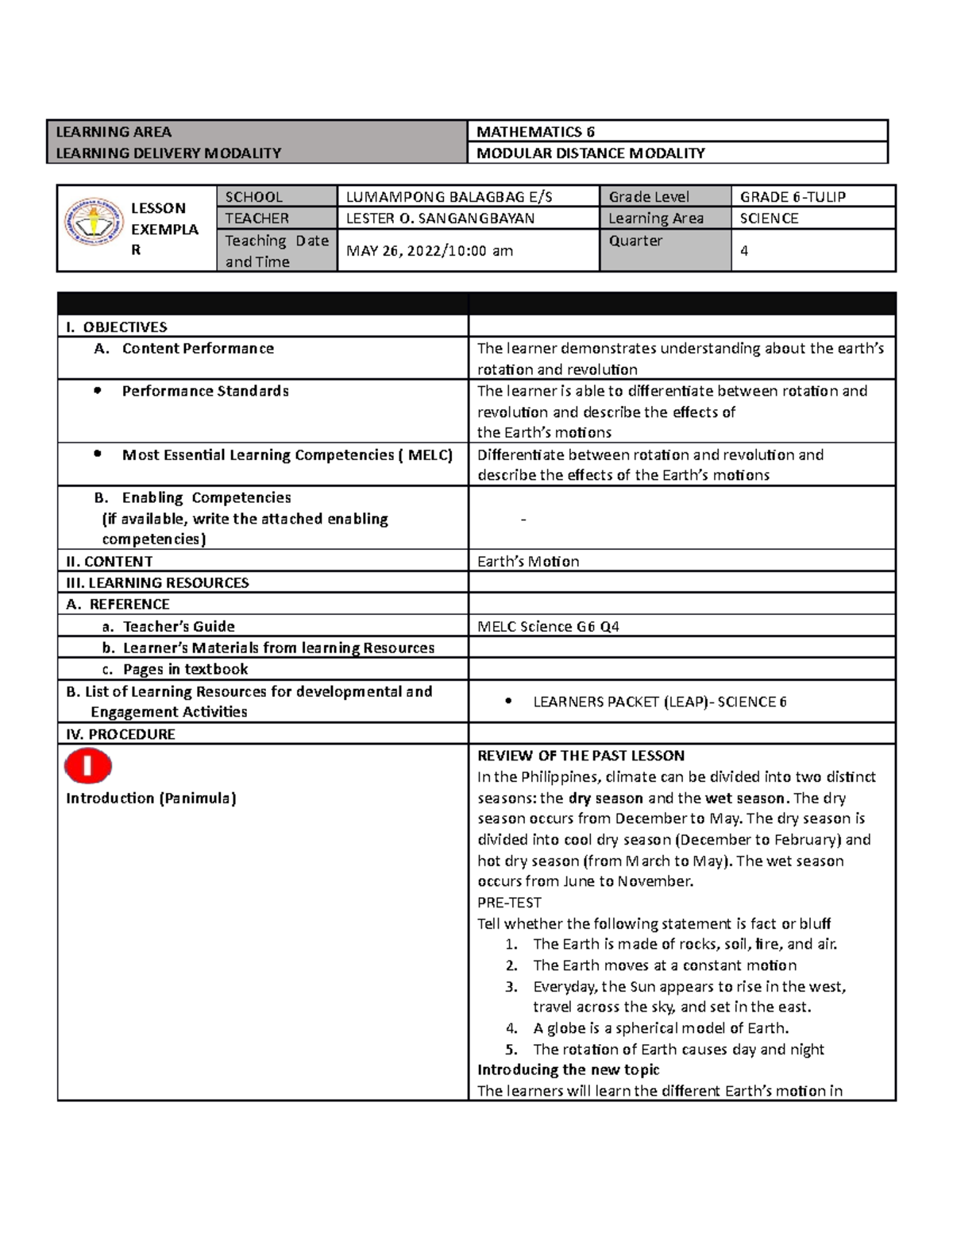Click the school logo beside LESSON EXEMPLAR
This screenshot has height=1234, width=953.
pyautogui.click(x=94, y=222)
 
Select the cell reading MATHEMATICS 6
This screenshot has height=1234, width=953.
pyautogui.click(x=535, y=132)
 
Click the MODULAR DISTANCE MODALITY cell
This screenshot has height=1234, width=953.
pyautogui.click(x=590, y=153)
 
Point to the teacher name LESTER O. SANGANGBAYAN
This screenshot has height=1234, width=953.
pyautogui.click(x=440, y=219)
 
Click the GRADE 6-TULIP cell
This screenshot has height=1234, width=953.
pyautogui.click(x=793, y=197)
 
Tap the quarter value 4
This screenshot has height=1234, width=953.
pyautogui.click(x=744, y=251)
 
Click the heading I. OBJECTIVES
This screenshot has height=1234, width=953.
pyautogui.click(x=117, y=327)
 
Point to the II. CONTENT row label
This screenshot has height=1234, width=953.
pyautogui.click(x=110, y=562)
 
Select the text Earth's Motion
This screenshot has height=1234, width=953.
pyautogui.click(x=528, y=562)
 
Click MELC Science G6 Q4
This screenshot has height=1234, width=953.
pyautogui.click(x=548, y=627)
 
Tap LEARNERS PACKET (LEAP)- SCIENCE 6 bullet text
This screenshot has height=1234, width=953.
pyautogui.click(x=659, y=702)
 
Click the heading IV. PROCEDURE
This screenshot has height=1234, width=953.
pyautogui.click(x=121, y=734)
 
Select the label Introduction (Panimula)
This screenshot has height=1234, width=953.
pyautogui.click(x=151, y=799)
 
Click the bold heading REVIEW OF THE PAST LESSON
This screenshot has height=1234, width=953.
pyautogui.click(x=581, y=756)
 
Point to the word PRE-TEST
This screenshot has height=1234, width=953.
pyautogui.click(x=509, y=903)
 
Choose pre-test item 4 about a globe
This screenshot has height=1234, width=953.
pyautogui.click(x=660, y=1028)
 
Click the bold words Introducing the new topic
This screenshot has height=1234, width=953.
pyautogui.click(x=568, y=1070)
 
